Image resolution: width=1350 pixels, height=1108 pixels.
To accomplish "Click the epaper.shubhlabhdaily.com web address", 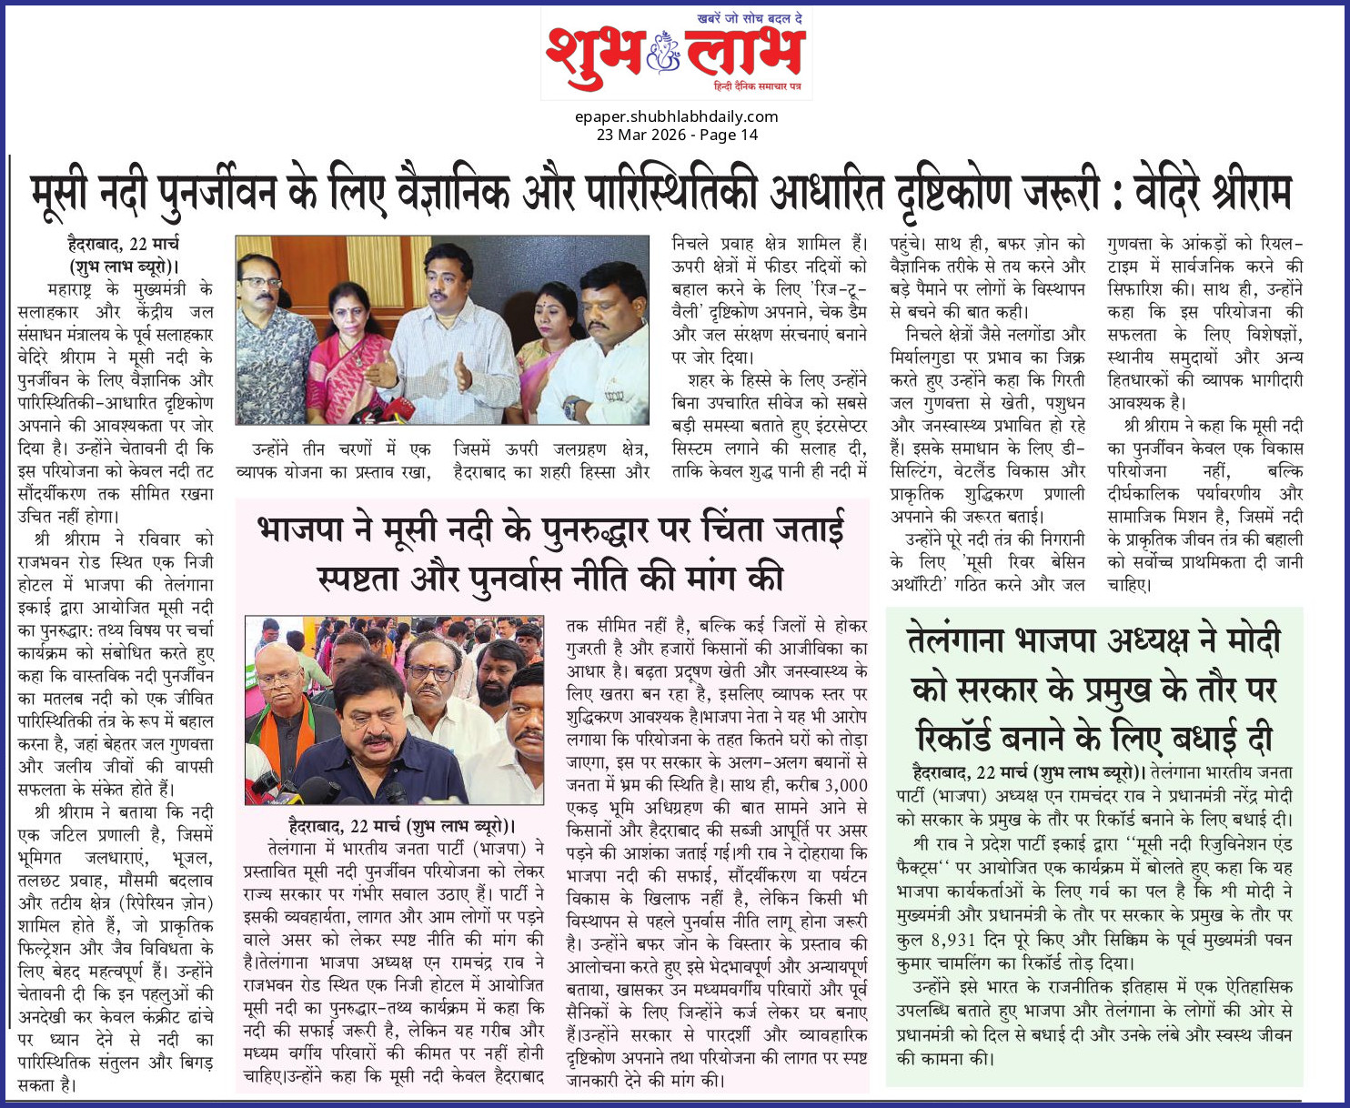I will tap(676, 116).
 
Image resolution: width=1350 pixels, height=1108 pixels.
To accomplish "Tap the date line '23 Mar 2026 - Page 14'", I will tap(676, 135).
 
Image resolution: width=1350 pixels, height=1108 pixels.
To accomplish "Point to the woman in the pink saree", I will tap(348, 346).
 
